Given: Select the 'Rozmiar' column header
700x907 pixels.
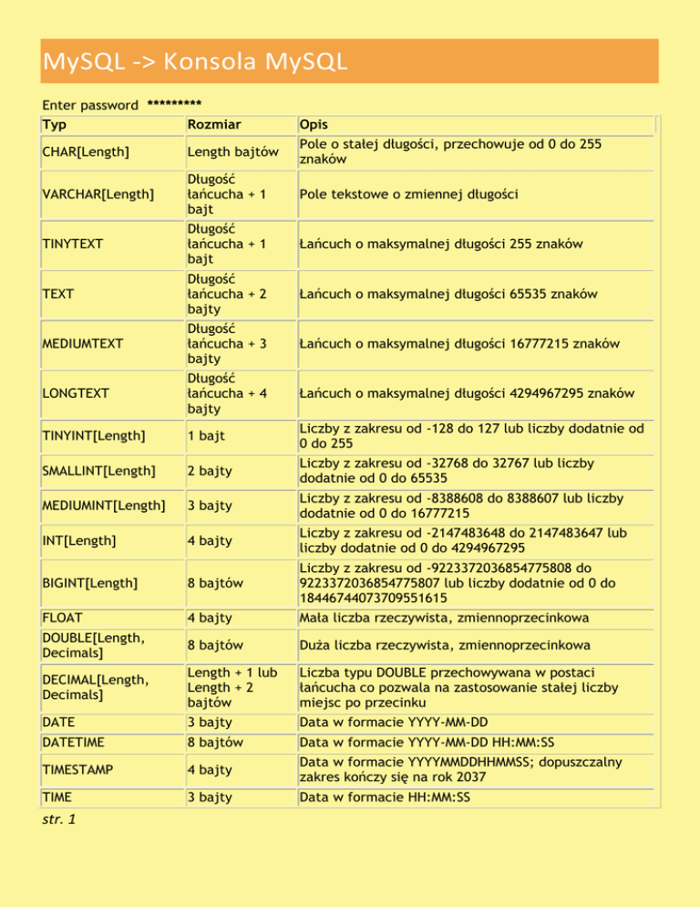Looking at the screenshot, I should click(x=220, y=123).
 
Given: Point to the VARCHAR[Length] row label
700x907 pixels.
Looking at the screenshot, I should click(x=98, y=193).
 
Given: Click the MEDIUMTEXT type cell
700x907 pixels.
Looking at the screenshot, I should click(x=83, y=343).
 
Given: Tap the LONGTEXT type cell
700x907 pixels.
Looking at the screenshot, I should click(x=76, y=393).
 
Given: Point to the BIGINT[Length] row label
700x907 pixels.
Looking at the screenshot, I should click(x=89, y=581).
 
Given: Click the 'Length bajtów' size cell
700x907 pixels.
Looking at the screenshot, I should click(x=226, y=151).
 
